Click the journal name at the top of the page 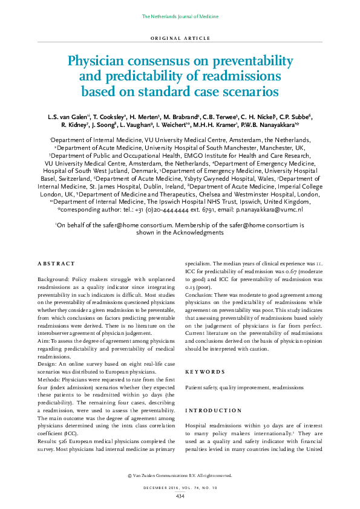tap(180, 16)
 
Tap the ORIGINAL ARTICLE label tap(180, 38)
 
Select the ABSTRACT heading tap(56, 264)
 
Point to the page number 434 tap(180, 496)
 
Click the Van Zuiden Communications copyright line tap(180, 476)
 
